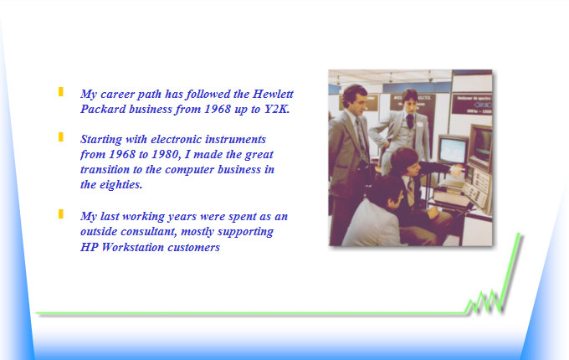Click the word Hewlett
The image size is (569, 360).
point(273,94)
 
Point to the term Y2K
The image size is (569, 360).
point(277,109)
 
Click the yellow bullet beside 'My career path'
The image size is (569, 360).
point(61,92)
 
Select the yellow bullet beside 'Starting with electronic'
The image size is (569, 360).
point(61,136)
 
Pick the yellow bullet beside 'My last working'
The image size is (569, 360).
point(61,214)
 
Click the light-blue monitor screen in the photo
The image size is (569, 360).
point(452,150)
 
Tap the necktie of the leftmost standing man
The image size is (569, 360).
point(361,137)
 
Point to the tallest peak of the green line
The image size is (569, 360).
point(519,234)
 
